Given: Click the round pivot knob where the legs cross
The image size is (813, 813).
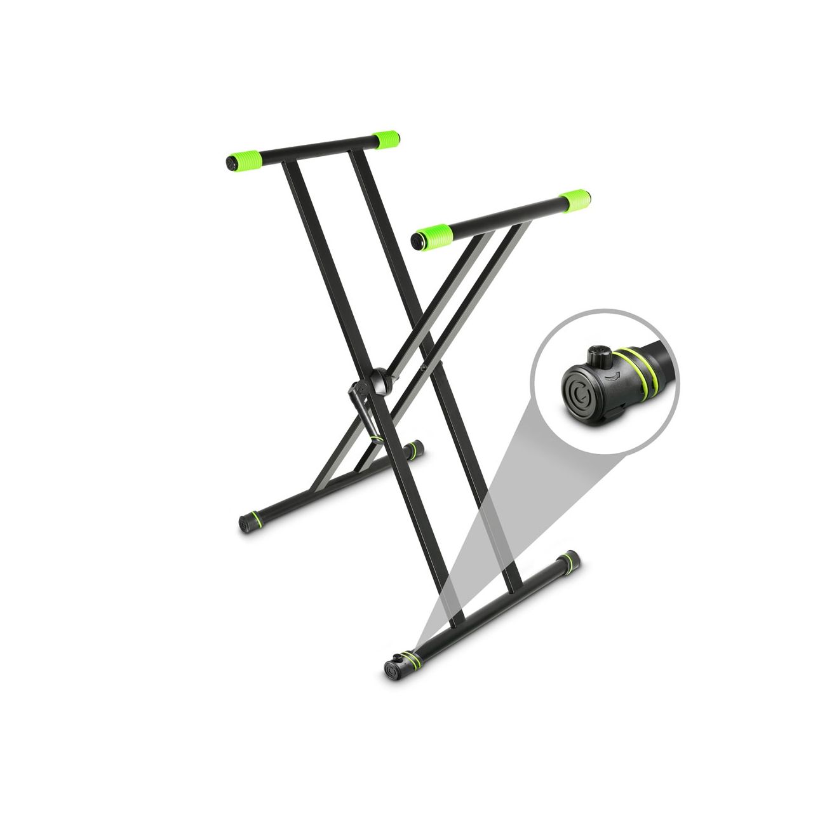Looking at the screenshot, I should click(x=384, y=380).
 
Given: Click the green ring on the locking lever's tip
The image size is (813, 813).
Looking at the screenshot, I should click(x=377, y=438).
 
